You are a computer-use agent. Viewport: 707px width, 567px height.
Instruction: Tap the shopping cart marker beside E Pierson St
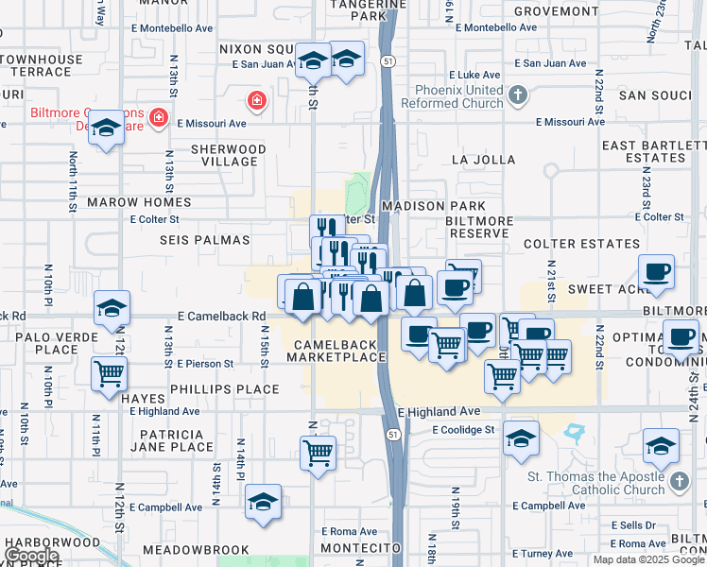[x=109, y=372]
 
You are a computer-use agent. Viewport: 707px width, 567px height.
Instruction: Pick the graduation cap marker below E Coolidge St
[x=520, y=438]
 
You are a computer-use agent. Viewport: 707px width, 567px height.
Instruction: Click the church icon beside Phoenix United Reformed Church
[x=517, y=95]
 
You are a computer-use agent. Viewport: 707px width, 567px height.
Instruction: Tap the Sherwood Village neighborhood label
[x=229, y=155]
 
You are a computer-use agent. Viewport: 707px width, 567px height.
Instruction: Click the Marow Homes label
[x=139, y=202]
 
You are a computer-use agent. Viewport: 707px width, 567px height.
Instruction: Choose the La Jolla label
[x=474, y=159]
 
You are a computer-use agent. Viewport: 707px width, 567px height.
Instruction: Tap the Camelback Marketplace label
[x=337, y=351]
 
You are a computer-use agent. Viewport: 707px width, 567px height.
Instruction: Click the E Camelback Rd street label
[x=220, y=317]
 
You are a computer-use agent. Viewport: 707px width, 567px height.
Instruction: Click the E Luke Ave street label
[x=474, y=74]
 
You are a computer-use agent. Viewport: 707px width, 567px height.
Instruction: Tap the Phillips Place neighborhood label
[x=225, y=389]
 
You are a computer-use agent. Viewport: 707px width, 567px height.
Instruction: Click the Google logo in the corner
[x=31, y=556]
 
